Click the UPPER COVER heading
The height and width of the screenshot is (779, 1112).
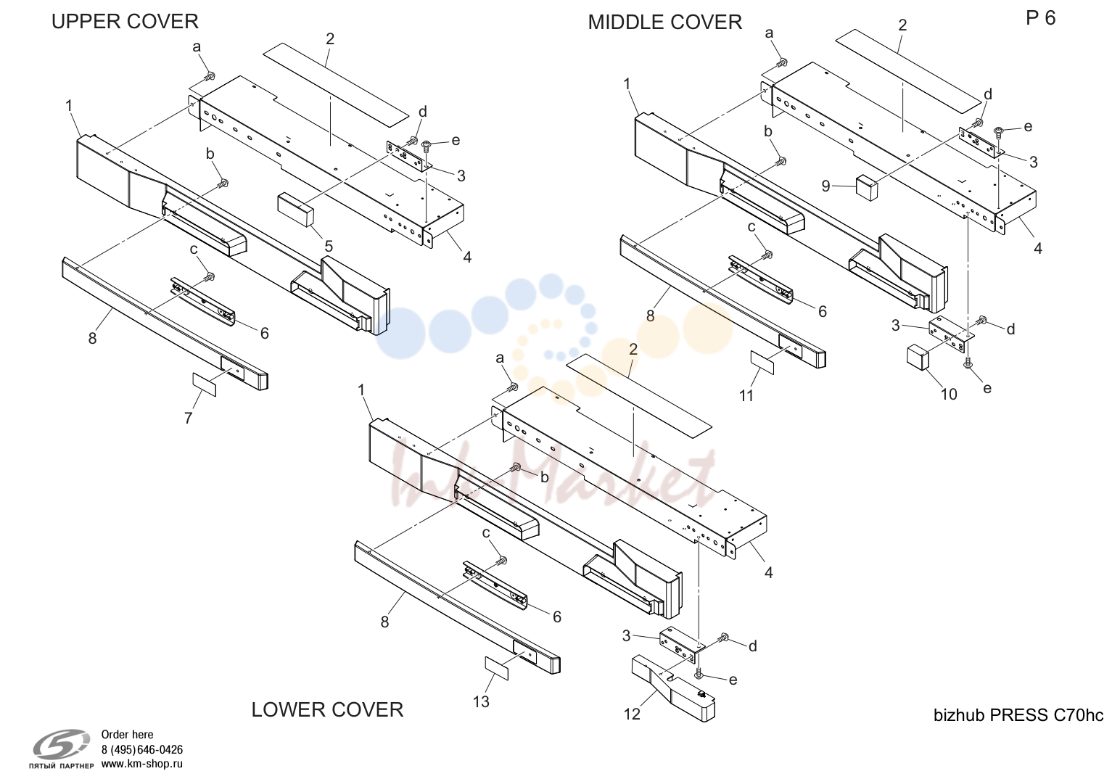click(125, 21)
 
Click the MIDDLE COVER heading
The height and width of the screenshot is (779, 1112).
click(664, 22)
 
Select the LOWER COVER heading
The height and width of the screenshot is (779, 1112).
click(327, 710)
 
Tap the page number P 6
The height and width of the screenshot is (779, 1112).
click(1040, 18)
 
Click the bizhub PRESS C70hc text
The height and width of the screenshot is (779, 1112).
click(1018, 715)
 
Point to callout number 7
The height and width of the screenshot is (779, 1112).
click(188, 418)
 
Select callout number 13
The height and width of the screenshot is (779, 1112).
click(481, 701)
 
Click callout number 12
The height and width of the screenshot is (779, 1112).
click(632, 714)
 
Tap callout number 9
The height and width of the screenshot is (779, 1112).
click(825, 186)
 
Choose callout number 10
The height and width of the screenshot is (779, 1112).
click(950, 395)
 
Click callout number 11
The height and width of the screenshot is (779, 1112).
click(746, 396)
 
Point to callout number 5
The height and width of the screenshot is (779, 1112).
click(329, 247)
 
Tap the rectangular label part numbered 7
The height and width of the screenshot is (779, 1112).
click(205, 384)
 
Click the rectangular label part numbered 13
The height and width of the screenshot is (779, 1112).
click(496, 668)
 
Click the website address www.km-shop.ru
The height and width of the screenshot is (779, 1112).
click(142, 764)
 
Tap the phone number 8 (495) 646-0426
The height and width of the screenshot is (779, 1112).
click(142, 750)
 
